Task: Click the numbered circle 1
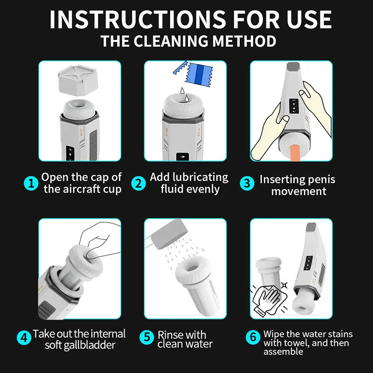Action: tap(31, 183)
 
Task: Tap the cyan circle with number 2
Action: tap(138, 183)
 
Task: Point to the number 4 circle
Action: tap(24, 337)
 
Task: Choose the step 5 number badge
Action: tap(147, 337)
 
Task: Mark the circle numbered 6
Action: tap(252, 337)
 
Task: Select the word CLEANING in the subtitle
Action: tap(172, 41)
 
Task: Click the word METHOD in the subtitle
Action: tap(243, 41)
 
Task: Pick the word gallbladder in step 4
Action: tap(94, 345)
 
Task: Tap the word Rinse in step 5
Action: tap(169, 334)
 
